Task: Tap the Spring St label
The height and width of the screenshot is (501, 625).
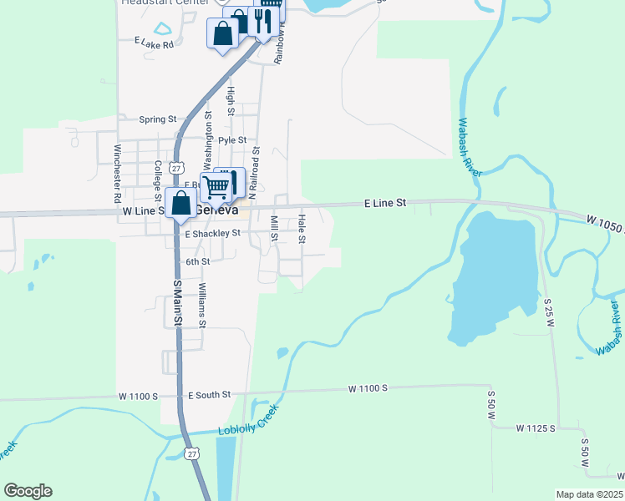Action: point(158,119)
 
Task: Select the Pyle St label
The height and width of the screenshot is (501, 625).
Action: point(232,140)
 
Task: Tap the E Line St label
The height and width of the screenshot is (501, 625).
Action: point(384,203)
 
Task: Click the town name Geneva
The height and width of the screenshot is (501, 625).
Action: point(216,211)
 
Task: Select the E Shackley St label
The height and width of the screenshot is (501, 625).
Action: point(212,234)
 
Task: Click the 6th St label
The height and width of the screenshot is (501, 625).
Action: point(197,261)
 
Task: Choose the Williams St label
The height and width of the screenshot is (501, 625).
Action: point(201,305)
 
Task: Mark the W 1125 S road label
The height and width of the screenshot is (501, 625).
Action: point(536,428)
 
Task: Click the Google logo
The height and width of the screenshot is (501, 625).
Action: point(28,491)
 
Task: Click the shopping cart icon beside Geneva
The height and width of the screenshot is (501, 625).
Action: point(216,188)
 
